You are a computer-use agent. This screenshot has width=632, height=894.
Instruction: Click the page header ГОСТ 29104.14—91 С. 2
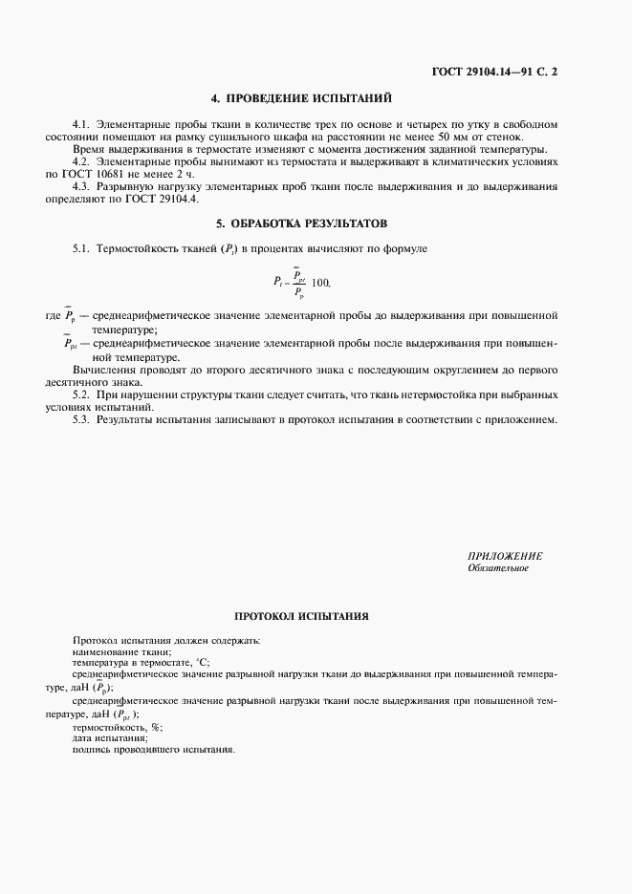pos(494,73)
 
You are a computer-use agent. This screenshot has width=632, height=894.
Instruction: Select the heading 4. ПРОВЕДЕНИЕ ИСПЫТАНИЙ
pos(301,98)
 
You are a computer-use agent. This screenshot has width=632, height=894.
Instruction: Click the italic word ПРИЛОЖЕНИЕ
pos(505,556)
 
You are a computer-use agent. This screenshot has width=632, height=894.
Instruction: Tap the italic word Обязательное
pos(497,568)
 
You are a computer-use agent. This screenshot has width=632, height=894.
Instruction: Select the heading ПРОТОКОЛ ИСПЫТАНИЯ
pos(301,617)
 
